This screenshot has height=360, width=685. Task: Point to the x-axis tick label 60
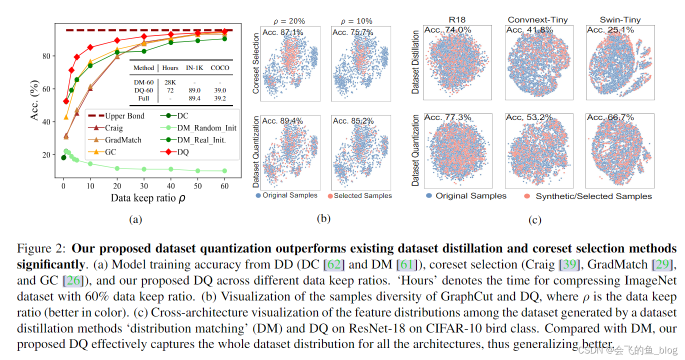click(x=224, y=186)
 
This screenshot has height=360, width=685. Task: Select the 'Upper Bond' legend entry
click(x=124, y=116)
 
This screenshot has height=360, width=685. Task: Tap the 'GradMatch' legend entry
click(x=123, y=140)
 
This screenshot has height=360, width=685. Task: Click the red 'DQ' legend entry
click(x=183, y=152)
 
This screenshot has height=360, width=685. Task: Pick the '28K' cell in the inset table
click(x=170, y=82)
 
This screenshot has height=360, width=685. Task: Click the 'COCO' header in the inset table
click(x=220, y=68)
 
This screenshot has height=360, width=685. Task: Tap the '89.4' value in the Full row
click(x=195, y=98)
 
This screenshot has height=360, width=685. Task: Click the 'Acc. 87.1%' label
click(x=282, y=32)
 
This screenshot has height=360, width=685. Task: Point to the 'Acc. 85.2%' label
click(x=353, y=120)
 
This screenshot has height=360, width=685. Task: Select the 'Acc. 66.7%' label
click(x=610, y=117)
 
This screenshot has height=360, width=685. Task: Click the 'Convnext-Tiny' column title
click(x=538, y=20)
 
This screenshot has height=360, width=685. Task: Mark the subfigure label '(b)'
click(x=323, y=218)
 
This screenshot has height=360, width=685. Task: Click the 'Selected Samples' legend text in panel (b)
click(x=363, y=195)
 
